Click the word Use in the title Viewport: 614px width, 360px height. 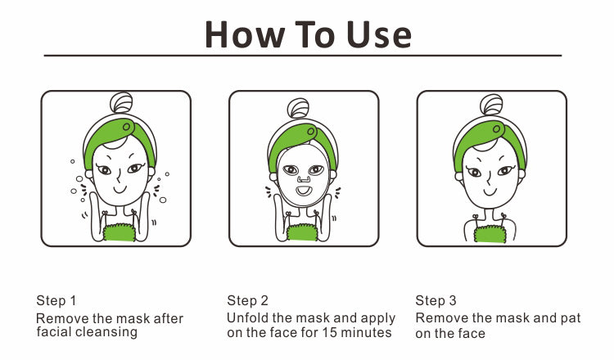pyautogui.click(x=379, y=35)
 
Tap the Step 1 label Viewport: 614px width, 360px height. pyautogui.click(x=56, y=300)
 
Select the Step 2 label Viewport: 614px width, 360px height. pyautogui.click(x=247, y=300)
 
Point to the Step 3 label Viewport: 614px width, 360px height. pyautogui.click(x=436, y=300)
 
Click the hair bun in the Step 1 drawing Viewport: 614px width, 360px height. pyautogui.click(x=121, y=102)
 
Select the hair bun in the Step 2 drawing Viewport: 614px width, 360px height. pyautogui.click(x=298, y=108)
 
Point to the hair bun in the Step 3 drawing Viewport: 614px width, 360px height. pyautogui.click(x=491, y=105)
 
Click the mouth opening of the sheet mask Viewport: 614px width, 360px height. pyautogui.click(x=303, y=191)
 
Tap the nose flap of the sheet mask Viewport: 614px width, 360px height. pyautogui.click(x=303, y=179)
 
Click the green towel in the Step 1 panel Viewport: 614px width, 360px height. pyautogui.click(x=119, y=232)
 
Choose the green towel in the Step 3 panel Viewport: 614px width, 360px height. pyautogui.click(x=490, y=234)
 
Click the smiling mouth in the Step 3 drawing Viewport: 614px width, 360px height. pyautogui.click(x=489, y=192)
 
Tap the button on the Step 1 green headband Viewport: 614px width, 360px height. pyautogui.click(x=126, y=127)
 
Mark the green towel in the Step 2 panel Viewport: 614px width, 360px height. pyautogui.click(x=302, y=232)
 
